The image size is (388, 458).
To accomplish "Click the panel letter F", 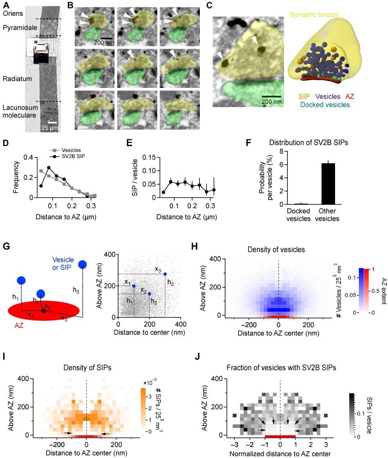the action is pyautogui.click(x=249, y=143).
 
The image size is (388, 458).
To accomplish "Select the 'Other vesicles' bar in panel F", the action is pyautogui.click(x=328, y=184).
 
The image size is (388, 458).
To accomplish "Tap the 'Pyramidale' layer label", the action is pyautogui.click(x=20, y=28).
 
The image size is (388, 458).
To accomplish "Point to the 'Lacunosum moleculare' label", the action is pyautogui.click(x=20, y=111).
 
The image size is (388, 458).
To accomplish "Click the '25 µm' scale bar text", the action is pyautogui.click(x=49, y=128).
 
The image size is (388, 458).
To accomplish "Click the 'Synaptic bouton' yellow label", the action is pyautogui.click(x=314, y=15).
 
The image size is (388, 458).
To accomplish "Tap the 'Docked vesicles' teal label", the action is pyautogui.click(x=325, y=104).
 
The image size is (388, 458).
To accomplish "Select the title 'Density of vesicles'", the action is pyautogui.click(x=276, y=249).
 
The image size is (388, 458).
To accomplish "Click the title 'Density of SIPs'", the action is pyautogui.click(x=87, y=367).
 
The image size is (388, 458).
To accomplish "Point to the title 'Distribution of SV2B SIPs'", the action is pyautogui.click(x=308, y=142).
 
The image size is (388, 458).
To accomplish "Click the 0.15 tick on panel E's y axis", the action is pyautogui.click(x=149, y=157).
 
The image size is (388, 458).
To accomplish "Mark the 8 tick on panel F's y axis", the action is pyautogui.click(x=281, y=151).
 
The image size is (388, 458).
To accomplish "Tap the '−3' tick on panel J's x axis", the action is pyautogui.click(x=234, y=445).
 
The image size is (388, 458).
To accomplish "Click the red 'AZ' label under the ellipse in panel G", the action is pyautogui.click(x=19, y=325).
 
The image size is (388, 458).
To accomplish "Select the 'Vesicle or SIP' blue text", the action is pyautogui.click(x=63, y=264).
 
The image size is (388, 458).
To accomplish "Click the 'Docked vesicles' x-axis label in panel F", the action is pyautogui.click(x=298, y=214).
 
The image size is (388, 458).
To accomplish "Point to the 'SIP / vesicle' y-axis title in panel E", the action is pyautogui.click(x=135, y=177).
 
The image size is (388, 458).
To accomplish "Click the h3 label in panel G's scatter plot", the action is pyautogui.click(x=171, y=283).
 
